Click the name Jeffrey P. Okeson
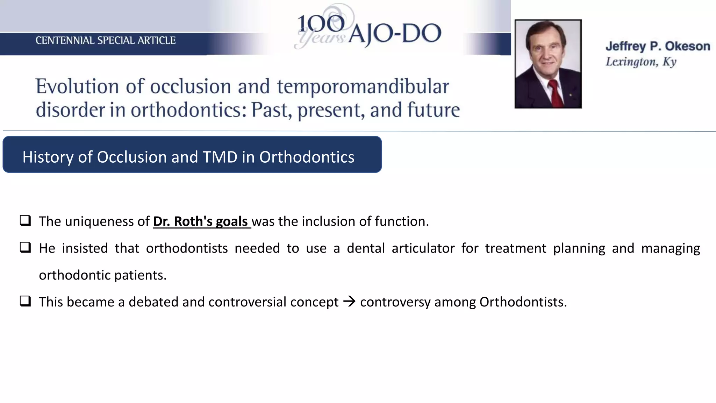pyautogui.click(x=657, y=46)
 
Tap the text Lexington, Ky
pyautogui.click(x=640, y=62)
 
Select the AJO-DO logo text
pyautogui.click(x=395, y=34)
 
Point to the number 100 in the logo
pyautogui.click(x=321, y=24)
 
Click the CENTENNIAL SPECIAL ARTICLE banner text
pyautogui.click(x=106, y=41)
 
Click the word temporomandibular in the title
pyautogui.click(x=363, y=86)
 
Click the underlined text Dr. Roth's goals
pyautogui.click(x=201, y=221)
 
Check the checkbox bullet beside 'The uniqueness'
pyautogui.click(x=25, y=221)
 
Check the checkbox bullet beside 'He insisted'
pyautogui.click(x=25, y=248)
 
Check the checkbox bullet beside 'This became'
pyautogui.click(x=25, y=301)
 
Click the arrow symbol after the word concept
pyautogui.click(x=349, y=302)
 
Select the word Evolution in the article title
pyautogui.click(x=77, y=86)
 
